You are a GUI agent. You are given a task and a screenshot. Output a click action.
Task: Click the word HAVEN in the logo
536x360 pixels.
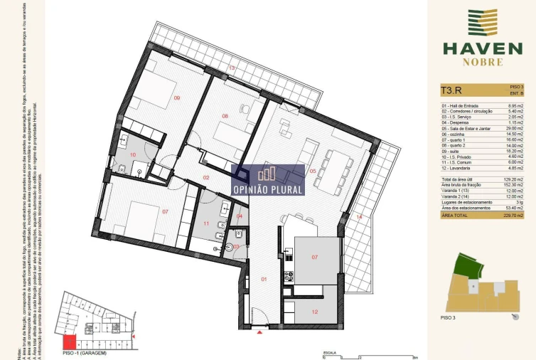[482, 48]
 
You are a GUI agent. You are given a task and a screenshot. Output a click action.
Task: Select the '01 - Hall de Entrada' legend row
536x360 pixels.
[460, 106]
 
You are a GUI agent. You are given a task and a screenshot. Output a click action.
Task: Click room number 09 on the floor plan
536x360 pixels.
[176, 98]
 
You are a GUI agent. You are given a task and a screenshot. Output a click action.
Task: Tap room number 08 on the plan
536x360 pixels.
[225, 116]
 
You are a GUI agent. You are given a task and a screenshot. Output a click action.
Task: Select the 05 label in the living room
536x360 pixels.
[313, 171]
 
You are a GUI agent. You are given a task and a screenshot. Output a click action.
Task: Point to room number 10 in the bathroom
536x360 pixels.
[132, 154]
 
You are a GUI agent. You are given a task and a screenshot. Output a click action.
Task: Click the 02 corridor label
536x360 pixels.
[206, 177]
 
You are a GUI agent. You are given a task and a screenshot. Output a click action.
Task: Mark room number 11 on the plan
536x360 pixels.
[206, 223]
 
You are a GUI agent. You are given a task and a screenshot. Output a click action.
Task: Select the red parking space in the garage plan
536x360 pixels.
[70, 342]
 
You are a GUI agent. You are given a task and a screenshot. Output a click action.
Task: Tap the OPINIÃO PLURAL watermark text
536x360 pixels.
[268, 190]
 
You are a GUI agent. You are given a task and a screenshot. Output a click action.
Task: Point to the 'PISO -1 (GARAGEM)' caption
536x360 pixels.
[84, 353]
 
